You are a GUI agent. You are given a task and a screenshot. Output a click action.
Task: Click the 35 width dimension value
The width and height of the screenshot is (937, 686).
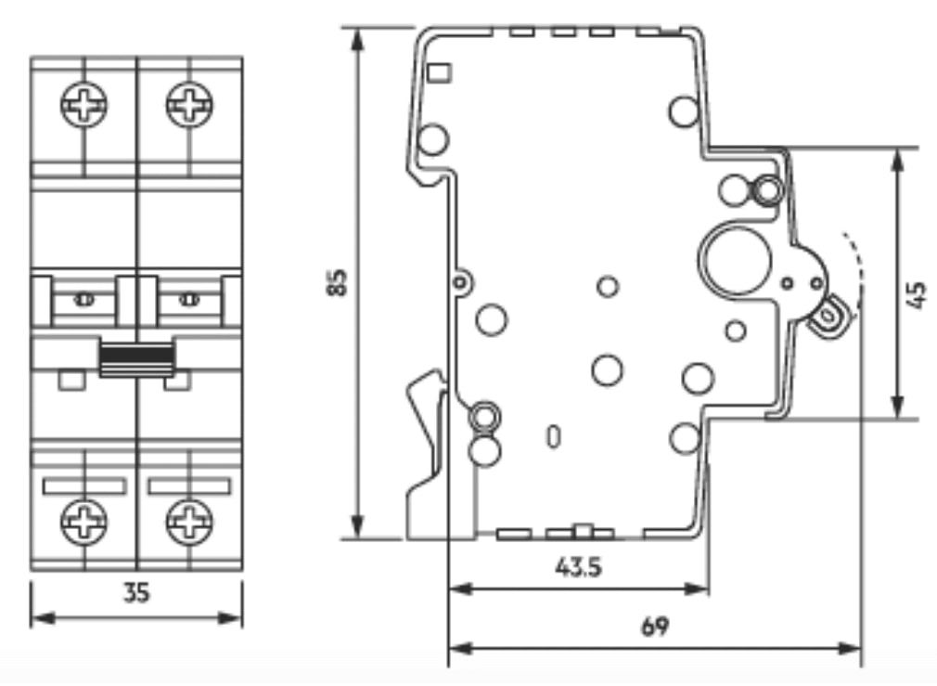point(136,593)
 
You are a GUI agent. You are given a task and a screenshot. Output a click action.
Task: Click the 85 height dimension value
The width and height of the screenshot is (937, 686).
point(337,283)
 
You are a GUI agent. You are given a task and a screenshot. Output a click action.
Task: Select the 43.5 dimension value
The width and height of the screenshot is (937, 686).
point(578,566)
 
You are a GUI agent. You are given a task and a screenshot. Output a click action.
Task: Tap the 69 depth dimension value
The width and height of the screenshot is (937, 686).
point(656,627)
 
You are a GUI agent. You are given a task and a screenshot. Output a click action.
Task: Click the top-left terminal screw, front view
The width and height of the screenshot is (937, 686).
point(84,105)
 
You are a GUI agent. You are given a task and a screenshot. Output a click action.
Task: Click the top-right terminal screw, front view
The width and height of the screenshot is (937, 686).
point(189,105)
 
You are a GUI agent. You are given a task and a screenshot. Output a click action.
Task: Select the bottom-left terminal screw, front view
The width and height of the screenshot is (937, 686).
point(84,522)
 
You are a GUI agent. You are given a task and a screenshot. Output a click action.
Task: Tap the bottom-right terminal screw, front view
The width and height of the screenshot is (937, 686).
point(189,522)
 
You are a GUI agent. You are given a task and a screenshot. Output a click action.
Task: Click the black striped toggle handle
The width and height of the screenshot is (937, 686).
point(137,357)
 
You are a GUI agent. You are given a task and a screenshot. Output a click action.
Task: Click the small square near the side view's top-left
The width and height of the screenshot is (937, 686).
point(440,73)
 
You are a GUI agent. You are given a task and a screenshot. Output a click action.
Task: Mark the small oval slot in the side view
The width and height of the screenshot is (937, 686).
point(554,436)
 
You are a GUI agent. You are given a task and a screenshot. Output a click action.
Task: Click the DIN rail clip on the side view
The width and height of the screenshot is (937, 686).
point(426,455)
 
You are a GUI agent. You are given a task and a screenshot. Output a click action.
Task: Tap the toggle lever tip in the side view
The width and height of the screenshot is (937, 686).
point(828,314)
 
